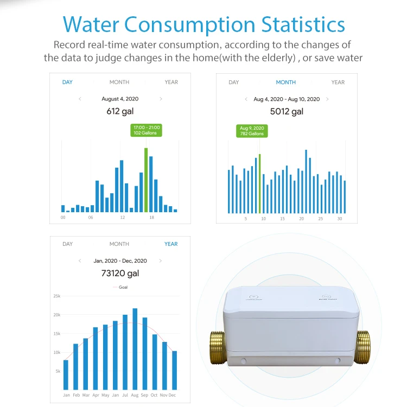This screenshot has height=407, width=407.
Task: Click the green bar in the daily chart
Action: pyautogui.click(x=146, y=180)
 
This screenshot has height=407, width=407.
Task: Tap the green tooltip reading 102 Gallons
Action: pyautogui.click(x=147, y=130)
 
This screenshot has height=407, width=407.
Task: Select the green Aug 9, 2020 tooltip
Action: pyautogui.click(x=252, y=131)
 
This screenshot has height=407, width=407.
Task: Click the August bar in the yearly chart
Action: pyautogui.click(x=135, y=348)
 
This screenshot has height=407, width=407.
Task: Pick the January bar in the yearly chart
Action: pyautogui.click(x=66, y=374)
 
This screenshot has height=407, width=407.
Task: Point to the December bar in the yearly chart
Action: pyautogui.click(x=174, y=370)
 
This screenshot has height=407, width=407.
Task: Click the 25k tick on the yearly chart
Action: pyautogui.click(x=56, y=296)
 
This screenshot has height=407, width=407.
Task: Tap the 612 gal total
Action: pyautogui.click(x=120, y=112)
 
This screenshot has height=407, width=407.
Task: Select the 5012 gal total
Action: pyautogui.click(x=286, y=112)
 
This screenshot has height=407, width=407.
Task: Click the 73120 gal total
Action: pyautogui.click(x=120, y=274)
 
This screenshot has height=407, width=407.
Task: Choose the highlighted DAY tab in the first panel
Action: pyautogui.click(x=67, y=82)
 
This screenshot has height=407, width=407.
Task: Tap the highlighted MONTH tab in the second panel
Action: pyautogui.click(x=285, y=82)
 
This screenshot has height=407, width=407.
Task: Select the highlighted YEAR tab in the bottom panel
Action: pyautogui.click(x=171, y=244)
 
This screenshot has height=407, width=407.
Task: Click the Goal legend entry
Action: pyautogui.click(x=120, y=287)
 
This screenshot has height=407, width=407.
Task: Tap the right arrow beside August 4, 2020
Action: pyautogui.click(x=161, y=99)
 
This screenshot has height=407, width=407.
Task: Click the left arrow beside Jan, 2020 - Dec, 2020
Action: pyautogui.click(x=80, y=261)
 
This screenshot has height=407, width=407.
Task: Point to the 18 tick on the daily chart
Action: pyautogui.click(x=151, y=217)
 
